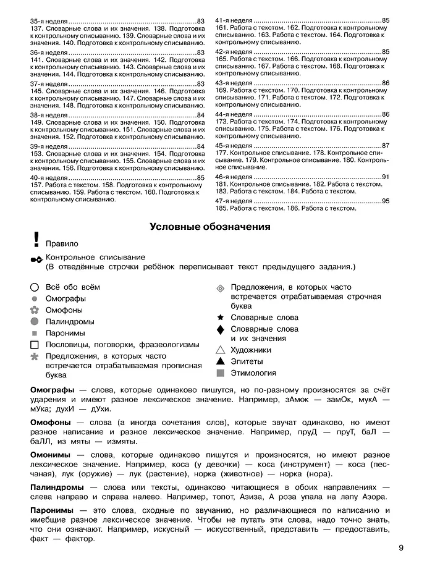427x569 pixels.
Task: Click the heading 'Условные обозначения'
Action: pos(210,227)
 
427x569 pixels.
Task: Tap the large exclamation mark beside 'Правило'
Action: pos(36,240)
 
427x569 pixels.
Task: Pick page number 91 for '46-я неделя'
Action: pos(386,177)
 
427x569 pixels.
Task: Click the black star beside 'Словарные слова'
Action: pos(220,318)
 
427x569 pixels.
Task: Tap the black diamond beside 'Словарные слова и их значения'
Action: pos(220,330)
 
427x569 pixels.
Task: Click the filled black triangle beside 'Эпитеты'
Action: pos(220,361)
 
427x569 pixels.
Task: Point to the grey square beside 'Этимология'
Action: pos(220,373)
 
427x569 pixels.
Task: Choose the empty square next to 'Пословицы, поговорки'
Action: pos(35,345)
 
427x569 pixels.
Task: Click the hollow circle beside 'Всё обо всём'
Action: pos(35,287)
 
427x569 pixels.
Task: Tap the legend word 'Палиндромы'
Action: pos(70,322)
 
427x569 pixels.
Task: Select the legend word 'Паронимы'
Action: pos(66,333)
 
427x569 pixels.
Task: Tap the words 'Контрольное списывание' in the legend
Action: pos(95,257)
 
